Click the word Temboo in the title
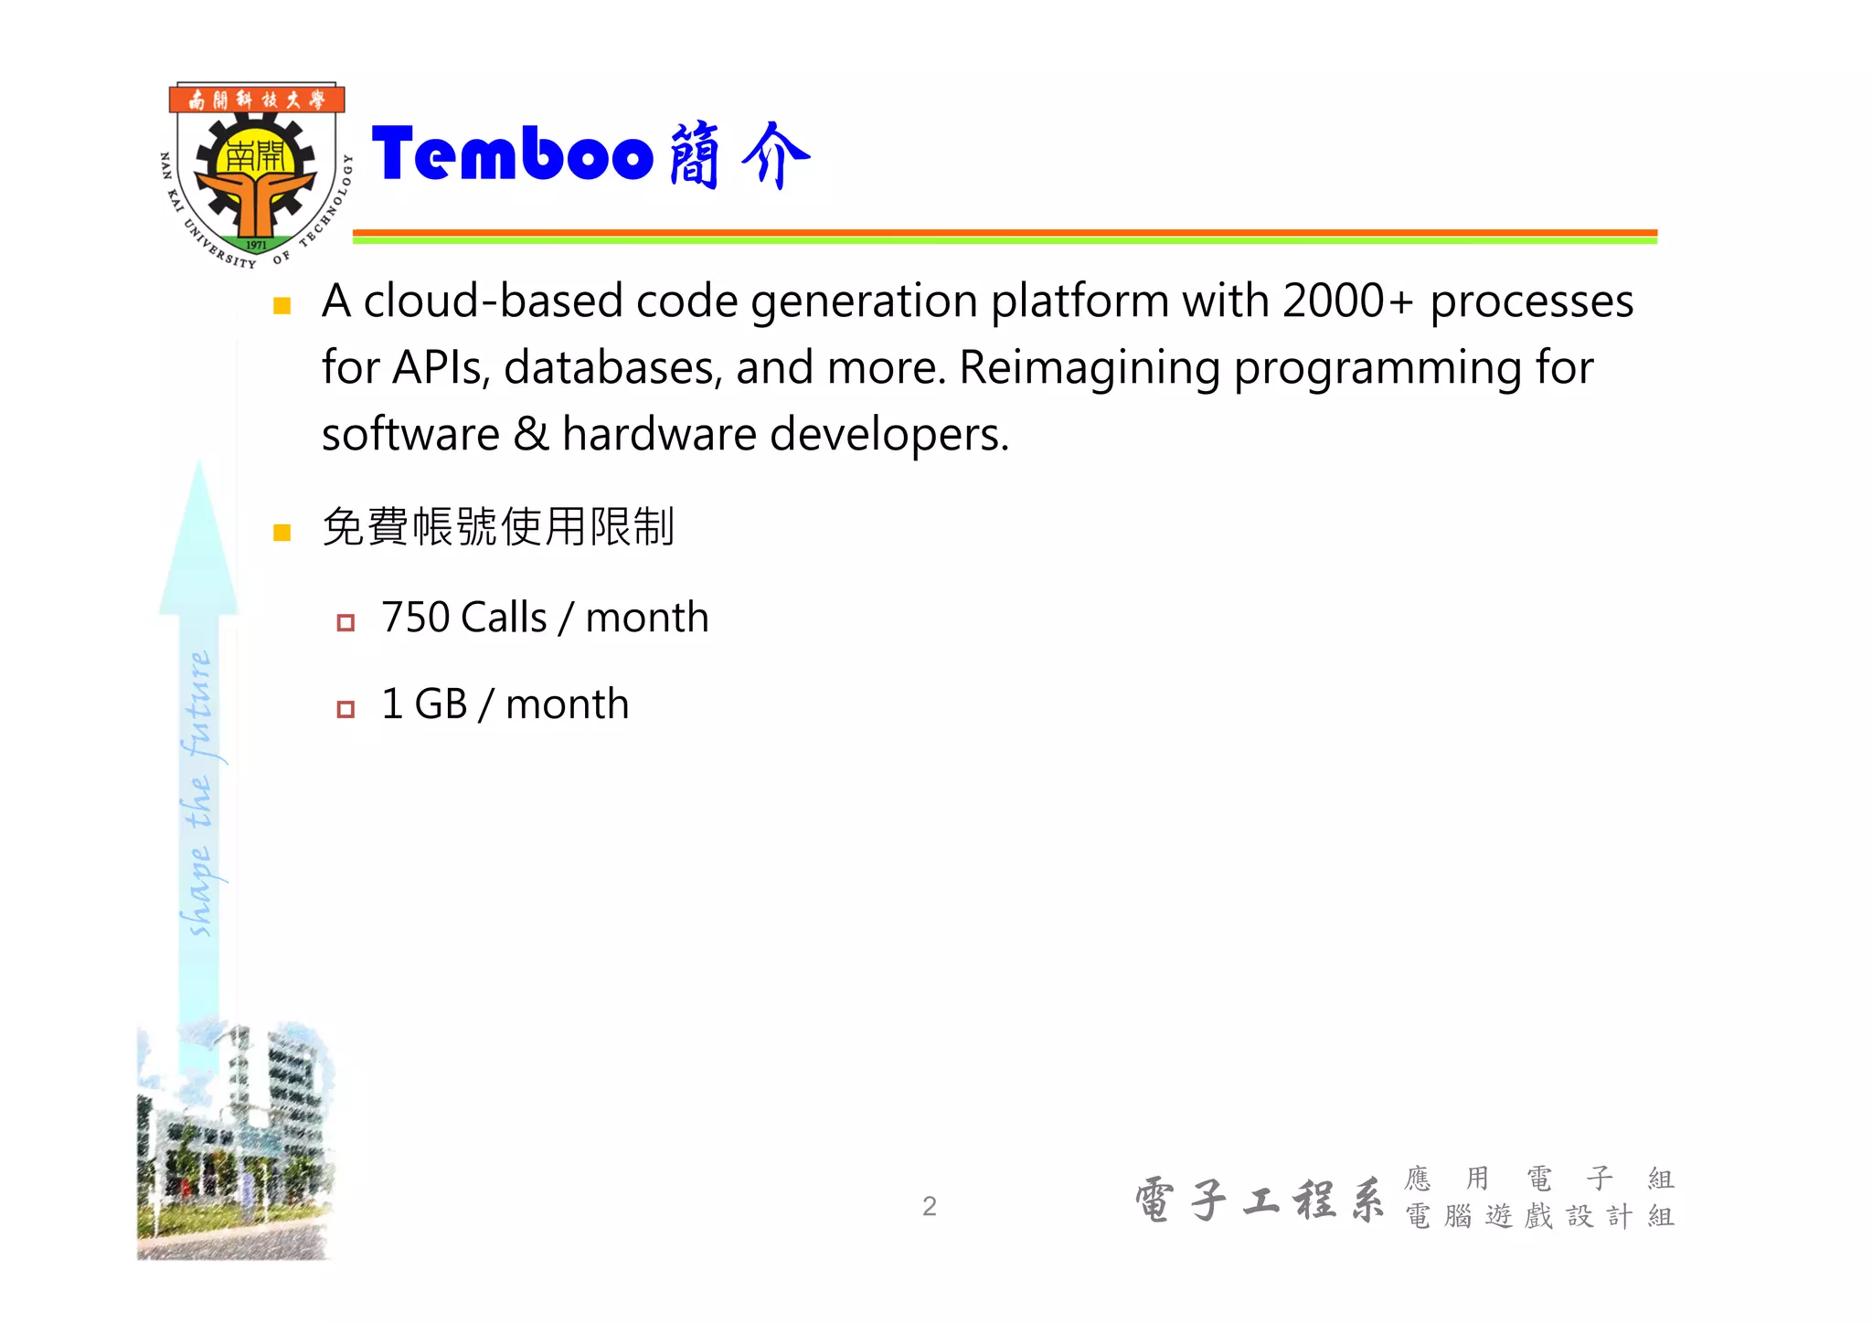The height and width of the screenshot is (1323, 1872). click(x=512, y=155)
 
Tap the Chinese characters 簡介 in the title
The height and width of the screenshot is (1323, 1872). click(x=739, y=155)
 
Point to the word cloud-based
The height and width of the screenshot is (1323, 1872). click(x=493, y=301)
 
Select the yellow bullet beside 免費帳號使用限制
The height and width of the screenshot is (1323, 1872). click(x=282, y=533)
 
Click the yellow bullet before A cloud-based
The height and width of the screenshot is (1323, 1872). click(x=282, y=306)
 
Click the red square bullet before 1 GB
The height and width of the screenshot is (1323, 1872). click(x=346, y=709)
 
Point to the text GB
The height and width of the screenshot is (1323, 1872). click(x=441, y=704)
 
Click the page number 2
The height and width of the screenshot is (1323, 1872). click(x=929, y=1206)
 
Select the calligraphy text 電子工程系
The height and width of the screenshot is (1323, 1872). click(x=1260, y=1200)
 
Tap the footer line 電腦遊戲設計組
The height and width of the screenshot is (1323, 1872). click(x=1539, y=1216)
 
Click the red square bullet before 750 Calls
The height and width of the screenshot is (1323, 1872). click(x=346, y=623)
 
